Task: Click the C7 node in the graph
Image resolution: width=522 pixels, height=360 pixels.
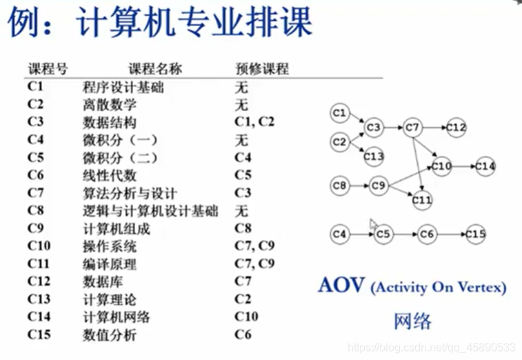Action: tap(412, 128)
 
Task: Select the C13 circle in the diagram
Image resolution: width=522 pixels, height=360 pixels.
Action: tap(374, 156)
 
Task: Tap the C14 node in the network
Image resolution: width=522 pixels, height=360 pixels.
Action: tap(485, 167)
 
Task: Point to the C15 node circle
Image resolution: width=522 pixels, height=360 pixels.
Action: tap(476, 234)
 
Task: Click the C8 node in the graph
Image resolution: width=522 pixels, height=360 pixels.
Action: tap(339, 186)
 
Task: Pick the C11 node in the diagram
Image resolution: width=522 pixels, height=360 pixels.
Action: tap(422, 201)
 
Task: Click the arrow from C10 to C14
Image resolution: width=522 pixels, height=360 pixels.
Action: tap(463, 167)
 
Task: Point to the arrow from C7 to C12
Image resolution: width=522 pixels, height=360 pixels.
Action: tap(434, 128)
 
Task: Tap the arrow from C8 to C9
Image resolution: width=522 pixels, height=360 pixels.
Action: tap(358, 186)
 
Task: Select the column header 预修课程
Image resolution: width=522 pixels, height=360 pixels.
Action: tap(261, 69)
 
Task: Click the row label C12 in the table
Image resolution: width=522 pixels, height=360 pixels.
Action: tap(39, 281)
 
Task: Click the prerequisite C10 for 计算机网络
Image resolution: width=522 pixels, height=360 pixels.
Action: tap(246, 317)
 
